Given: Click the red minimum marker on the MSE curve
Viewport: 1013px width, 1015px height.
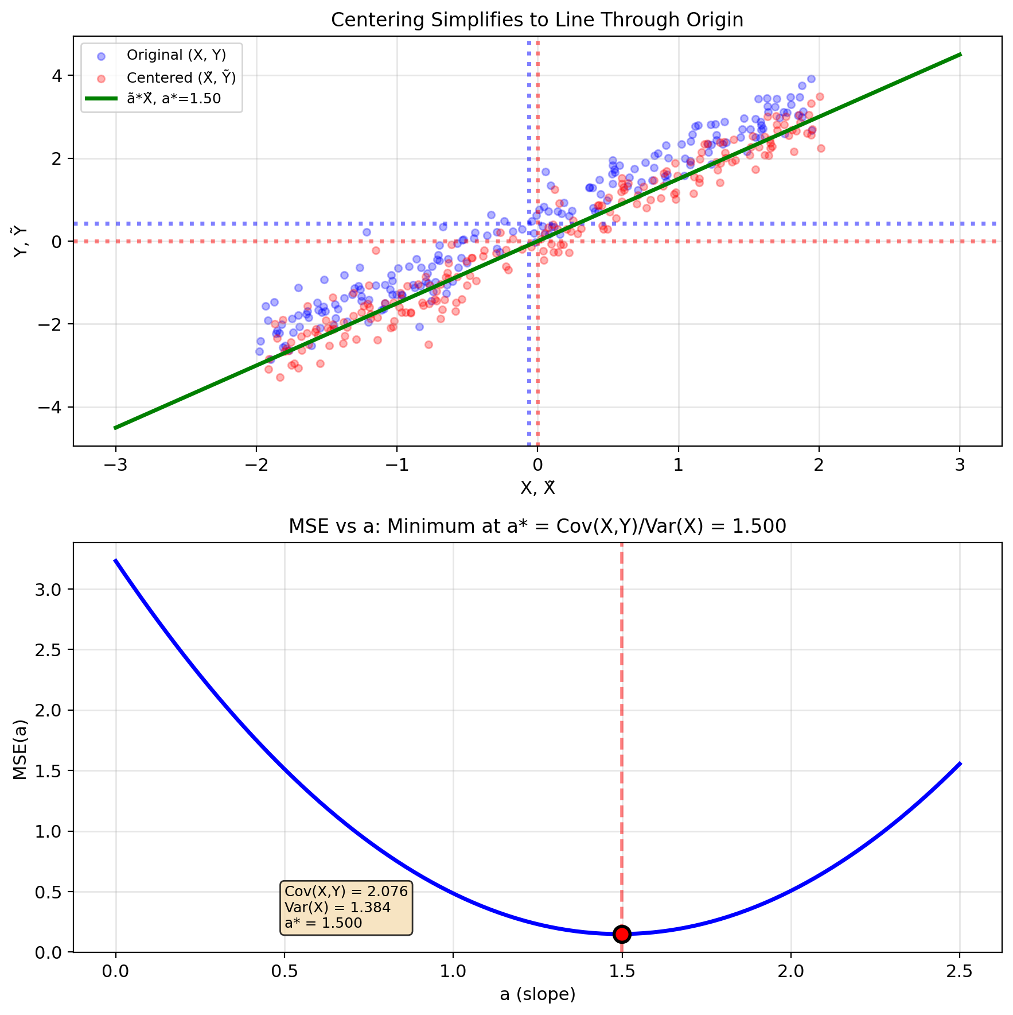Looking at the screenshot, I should click(622, 934).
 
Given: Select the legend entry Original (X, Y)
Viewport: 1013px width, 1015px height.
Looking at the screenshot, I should click(176, 55).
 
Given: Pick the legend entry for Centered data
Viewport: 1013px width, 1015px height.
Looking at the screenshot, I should click(181, 78).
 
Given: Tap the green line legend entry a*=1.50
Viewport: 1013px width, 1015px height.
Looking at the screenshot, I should click(174, 99).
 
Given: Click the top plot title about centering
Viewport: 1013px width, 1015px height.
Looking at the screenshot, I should click(537, 20).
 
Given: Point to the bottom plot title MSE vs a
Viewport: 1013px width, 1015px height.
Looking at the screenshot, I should click(537, 526).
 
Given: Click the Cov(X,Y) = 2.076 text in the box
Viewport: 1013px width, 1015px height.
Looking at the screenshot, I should click(346, 892).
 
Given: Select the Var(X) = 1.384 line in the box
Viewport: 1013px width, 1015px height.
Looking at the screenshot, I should click(337, 908).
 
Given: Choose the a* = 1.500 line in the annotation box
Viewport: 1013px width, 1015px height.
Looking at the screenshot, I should click(324, 923).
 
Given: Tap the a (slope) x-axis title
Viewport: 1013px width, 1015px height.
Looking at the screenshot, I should click(537, 994).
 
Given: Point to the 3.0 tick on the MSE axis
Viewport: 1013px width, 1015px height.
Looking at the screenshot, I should click(53, 590).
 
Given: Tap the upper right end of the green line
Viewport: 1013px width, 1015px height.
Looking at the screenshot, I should click(960, 55).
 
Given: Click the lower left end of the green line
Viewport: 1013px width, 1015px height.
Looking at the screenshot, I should click(115, 428).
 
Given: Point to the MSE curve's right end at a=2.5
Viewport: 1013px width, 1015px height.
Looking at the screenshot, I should click(960, 763).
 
